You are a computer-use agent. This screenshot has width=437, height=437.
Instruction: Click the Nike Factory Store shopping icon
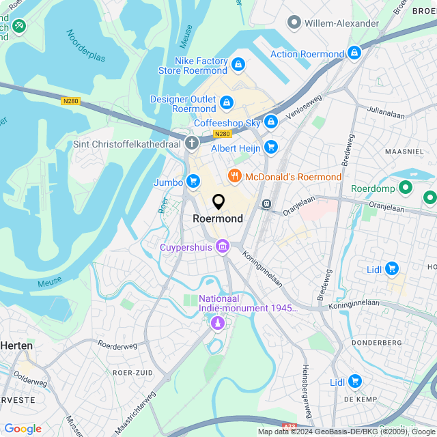click(238, 65)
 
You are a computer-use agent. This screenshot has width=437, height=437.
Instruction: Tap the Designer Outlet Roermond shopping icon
click(227, 103)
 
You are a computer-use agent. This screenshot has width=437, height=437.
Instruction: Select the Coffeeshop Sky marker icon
click(271, 122)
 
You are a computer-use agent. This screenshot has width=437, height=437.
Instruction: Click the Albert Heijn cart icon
click(271, 146)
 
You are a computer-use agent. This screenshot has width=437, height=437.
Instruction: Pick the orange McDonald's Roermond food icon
click(235, 177)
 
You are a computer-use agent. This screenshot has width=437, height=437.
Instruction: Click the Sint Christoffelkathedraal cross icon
click(192, 143)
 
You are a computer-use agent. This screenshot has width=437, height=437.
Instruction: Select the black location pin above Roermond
click(218, 202)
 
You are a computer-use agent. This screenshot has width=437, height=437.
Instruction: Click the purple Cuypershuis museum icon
click(222, 247)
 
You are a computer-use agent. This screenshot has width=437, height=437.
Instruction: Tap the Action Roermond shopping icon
click(354, 53)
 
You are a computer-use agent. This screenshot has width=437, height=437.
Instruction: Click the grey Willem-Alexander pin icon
click(294, 23)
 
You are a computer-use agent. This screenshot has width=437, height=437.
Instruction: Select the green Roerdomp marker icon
click(406, 186)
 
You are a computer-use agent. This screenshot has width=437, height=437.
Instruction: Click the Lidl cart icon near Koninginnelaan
click(391, 269)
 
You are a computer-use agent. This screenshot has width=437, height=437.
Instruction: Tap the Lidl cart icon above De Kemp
click(354, 381)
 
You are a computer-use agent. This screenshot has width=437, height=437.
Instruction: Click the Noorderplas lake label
click(86, 46)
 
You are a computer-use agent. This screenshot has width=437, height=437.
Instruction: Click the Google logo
click(23, 429)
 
